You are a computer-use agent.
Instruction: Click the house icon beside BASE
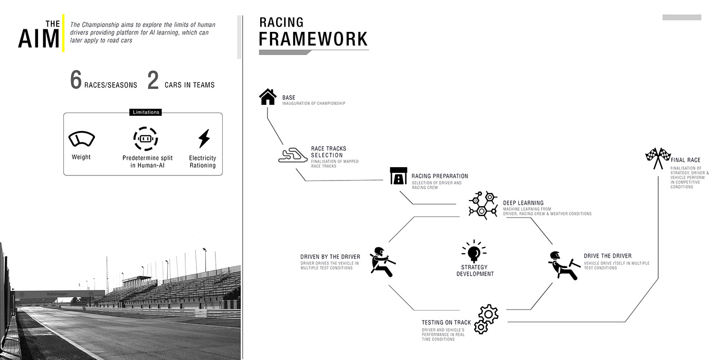[267, 97]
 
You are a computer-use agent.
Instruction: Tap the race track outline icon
[291, 155]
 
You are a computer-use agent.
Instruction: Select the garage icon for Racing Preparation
[399, 175]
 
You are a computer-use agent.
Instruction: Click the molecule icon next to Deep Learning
[483, 204]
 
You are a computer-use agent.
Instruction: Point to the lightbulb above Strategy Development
[473, 252]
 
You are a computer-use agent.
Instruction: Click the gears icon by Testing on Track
[485, 319]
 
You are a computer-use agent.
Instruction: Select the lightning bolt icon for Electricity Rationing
[204, 139]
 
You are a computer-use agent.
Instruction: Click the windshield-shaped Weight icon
[82, 139]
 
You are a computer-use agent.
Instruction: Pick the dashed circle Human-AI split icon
[146, 139]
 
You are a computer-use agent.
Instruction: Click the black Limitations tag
[146, 112]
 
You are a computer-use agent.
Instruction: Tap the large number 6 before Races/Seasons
[76, 81]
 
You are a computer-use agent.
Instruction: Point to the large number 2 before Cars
[153, 81]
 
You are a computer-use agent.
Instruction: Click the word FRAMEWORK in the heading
[313, 39]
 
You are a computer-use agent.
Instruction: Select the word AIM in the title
[39, 39]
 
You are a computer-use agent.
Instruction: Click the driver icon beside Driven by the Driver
[382, 261]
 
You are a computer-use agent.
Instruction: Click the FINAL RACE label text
[686, 160]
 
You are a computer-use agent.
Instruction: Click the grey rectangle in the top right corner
[681, 17]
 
